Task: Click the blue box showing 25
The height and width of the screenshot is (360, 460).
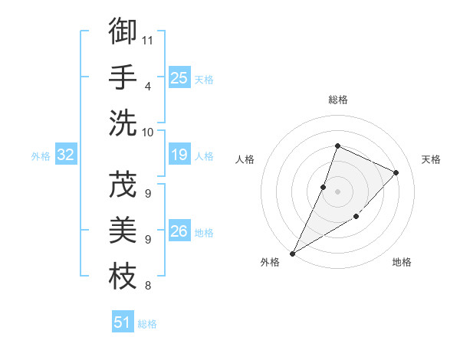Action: click(179, 77)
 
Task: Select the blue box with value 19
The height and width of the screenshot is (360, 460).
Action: click(179, 155)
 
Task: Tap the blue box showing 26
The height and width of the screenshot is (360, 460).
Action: click(179, 231)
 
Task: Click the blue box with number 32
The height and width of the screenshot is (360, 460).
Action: click(66, 155)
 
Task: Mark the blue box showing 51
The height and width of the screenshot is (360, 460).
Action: click(123, 322)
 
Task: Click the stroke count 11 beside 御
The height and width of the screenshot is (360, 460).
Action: click(148, 39)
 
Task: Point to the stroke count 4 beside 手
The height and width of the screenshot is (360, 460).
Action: click(147, 86)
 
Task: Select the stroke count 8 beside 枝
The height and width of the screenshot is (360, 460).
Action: click(147, 286)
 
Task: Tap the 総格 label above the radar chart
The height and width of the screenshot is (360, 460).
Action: click(337, 100)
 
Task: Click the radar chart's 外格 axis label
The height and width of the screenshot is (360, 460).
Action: click(270, 262)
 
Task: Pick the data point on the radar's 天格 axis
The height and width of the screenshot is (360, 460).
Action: click(396, 172)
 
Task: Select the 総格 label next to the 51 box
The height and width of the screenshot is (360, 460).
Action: click(147, 324)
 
